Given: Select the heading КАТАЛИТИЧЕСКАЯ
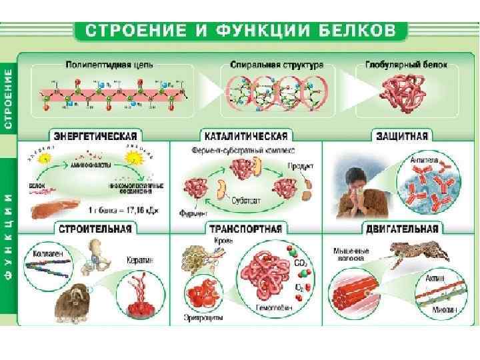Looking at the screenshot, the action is [x=245, y=135].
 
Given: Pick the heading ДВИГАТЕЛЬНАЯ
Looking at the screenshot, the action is [x=401, y=229].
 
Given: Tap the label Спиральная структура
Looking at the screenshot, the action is [x=277, y=66].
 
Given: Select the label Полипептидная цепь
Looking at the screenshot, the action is [x=109, y=65].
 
